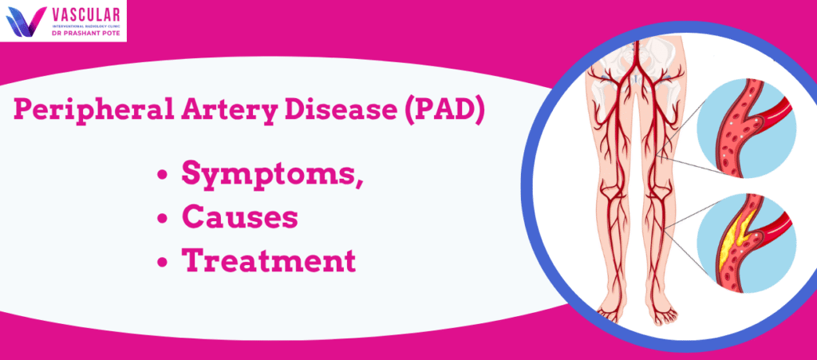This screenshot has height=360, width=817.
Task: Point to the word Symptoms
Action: point(272,175)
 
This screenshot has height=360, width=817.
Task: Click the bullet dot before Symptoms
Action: point(163,176)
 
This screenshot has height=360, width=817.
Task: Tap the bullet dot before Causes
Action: point(163,218)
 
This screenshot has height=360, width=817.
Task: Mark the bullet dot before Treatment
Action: point(163,260)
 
